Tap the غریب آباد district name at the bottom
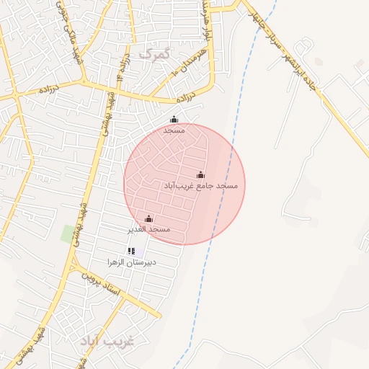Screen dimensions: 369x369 (107, 340)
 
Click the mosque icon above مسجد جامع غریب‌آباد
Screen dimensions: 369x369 (200, 174)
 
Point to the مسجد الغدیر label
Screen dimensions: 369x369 (148, 229)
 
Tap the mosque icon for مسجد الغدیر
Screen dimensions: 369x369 (149, 218)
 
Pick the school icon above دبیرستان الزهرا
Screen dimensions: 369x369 (131, 251)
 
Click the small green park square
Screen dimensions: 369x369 (69, 234)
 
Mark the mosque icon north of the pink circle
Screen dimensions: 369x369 (173, 120)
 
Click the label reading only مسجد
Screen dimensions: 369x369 (174, 130)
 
